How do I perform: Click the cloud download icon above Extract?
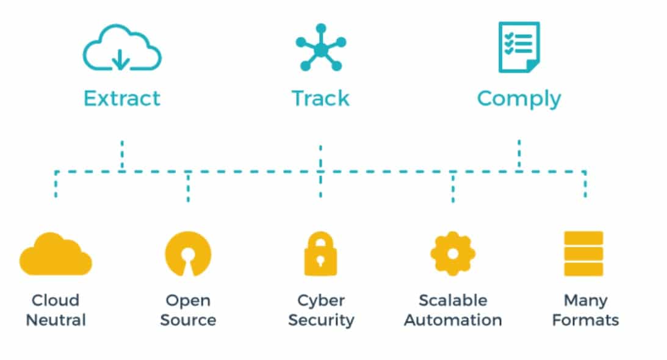122,48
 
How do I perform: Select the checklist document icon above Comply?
519,47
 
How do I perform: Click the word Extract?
122,98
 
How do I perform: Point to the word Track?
320,98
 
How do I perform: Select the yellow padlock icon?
320,254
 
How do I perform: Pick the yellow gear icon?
453,253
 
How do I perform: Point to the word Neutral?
56,320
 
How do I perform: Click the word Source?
188,320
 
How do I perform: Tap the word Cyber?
321,301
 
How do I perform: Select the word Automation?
453,320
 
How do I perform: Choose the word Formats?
585,320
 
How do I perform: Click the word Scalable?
453,301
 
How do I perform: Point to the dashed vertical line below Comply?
519,154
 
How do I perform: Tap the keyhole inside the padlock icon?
320,259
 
